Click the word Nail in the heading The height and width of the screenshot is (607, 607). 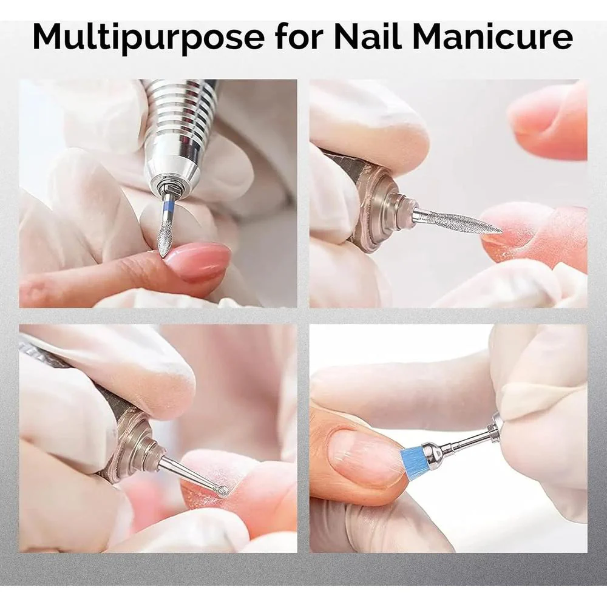[x=368, y=36]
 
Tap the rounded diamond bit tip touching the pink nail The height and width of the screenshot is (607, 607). [x=165, y=242]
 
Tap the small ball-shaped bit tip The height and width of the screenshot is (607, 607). [x=223, y=492]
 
